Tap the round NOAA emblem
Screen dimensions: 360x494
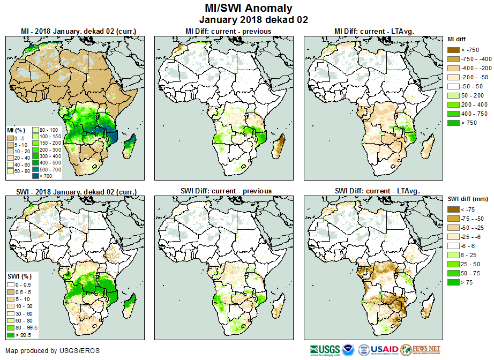(x=349, y=350)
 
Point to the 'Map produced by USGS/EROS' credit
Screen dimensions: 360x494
(x=53, y=351)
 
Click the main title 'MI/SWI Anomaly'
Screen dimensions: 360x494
(x=249, y=8)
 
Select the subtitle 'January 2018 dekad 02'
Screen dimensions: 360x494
(x=249, y=19)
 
